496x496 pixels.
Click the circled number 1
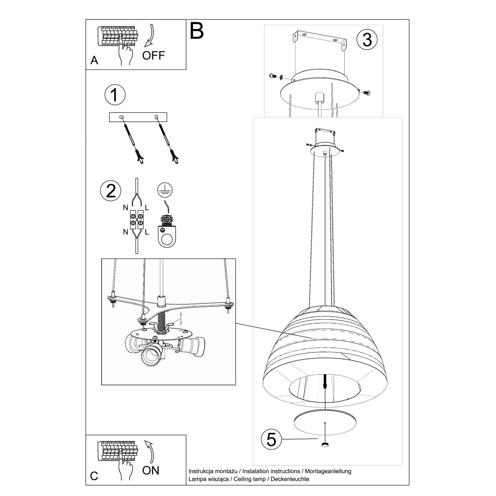[x=114, y=94]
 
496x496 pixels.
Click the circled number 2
[x=111, y=191]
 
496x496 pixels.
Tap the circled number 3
[x=367, y=40]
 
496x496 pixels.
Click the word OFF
[x=153, y=55]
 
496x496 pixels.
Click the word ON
[x=150, y=470]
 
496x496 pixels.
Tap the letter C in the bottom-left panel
[x=94, y=476]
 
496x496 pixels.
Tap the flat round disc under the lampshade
[x=325, y=422]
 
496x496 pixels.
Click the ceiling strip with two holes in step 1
[x=138, y=117]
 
